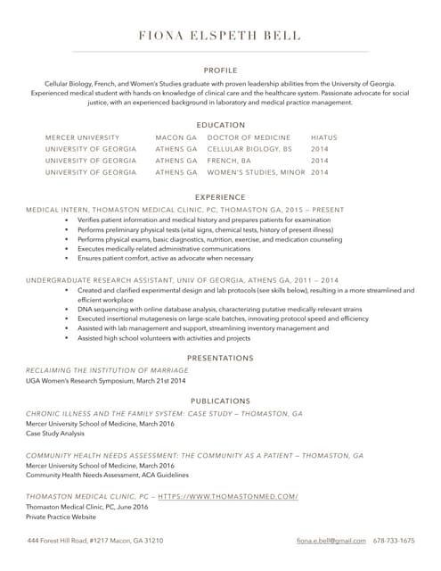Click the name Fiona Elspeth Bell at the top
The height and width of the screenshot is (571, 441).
pos(220,37)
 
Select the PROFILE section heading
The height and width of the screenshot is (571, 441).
pos(220,69)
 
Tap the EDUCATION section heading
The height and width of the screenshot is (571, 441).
pos(220,125)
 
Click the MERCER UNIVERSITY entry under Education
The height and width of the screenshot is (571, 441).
pos(82,137)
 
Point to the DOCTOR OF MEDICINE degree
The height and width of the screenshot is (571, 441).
pos(249,137)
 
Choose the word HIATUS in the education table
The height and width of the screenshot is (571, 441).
pos(324,137)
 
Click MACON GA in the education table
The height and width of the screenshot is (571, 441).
pos(176,137)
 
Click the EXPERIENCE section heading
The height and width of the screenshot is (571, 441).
pos(220,196)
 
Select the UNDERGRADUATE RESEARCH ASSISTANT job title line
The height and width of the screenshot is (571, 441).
pos(182,280)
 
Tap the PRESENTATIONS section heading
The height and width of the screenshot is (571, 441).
pos(220,358)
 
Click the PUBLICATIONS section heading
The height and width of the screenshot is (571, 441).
pos(220,401)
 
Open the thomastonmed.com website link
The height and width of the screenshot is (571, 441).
pos(228,496)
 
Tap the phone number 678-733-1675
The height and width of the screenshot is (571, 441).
pos(394,541)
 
